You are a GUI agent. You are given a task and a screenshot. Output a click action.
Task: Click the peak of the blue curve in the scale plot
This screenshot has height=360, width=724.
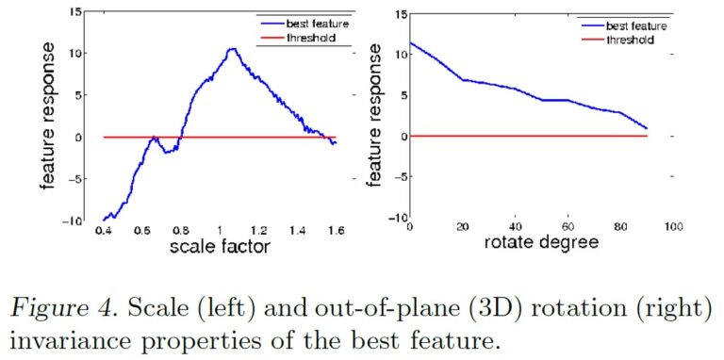[231, 49]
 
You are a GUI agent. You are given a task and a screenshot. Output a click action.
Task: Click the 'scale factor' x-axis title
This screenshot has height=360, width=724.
[220, 248]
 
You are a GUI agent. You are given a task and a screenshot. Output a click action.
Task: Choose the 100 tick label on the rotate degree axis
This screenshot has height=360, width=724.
[673, 227]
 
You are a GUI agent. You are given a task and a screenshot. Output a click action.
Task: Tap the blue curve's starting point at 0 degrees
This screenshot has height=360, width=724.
[410, 42]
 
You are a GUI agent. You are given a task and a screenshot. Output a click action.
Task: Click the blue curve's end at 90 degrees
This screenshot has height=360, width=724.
[647, 128]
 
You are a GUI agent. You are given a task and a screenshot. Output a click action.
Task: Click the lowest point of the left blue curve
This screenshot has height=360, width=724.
[105, 219]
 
